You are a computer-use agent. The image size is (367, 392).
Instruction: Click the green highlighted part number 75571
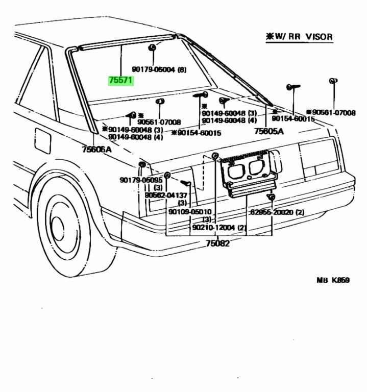120,81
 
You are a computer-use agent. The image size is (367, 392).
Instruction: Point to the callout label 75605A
269,131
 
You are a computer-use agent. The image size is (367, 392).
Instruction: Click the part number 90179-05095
141,180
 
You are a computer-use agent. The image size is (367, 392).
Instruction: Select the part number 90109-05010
190,212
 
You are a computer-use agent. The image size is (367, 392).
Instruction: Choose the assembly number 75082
217,243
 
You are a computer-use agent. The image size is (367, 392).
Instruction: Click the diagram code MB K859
333,280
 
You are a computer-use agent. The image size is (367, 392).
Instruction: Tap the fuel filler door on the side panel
42,140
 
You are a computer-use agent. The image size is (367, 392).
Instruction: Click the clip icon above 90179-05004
152,48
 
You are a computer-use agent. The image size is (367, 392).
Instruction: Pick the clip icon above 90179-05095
142,164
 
